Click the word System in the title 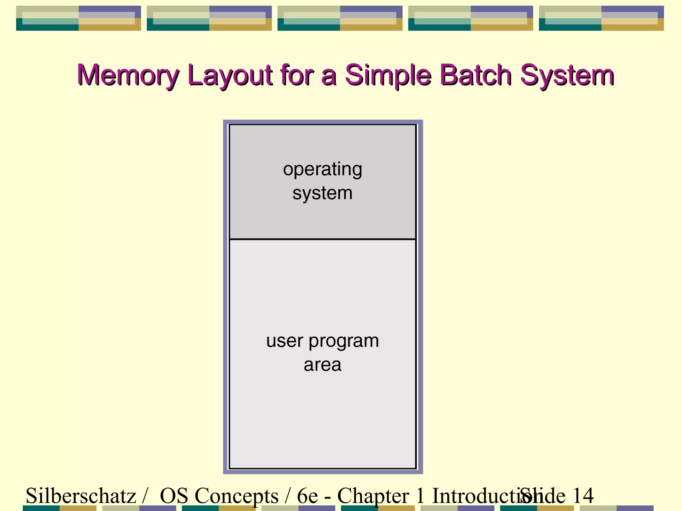(567, 76)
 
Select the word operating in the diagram (322, 170)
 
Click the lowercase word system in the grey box (322, 193)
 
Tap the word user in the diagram (285, 341)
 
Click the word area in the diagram (322, 365)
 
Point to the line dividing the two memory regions (322, 239)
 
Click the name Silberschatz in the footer (81, 496)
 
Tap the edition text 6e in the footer (307, 496)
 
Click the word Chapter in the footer (373, 496)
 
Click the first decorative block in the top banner (79, 18)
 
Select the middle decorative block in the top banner (340, 18)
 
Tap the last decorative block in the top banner (601, 18)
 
